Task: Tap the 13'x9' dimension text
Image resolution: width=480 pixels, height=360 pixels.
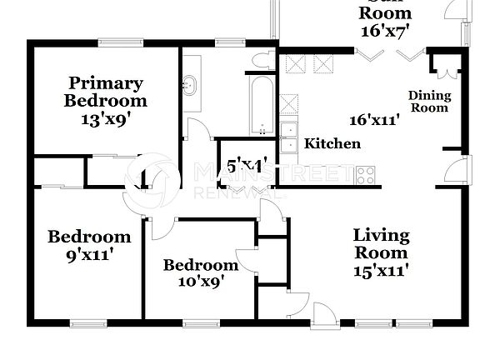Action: pyautogui.click(x=105, y=118)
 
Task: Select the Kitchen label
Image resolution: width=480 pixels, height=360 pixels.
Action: pyautogui.click(x=332, y=144)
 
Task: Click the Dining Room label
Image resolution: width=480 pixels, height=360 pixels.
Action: pyautogui.click(x=428, y=102)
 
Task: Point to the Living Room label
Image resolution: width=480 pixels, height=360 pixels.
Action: pyautogui.click(x=380, y=243)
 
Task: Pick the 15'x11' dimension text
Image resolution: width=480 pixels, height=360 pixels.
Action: pyautogui.click(x=380, y=270)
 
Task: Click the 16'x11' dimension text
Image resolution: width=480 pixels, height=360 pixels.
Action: pyautogui.click(x=374, y=120)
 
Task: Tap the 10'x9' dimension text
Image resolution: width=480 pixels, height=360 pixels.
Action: pyautogui.click(x=200, y=282)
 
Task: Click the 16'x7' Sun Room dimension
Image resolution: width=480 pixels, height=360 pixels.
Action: pyautogui.click(x=385, y=31)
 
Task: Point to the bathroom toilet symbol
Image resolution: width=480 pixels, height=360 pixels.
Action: pyautogui.click(x=264, y=58)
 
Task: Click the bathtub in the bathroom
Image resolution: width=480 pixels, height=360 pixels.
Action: pyautogui.click(x=262, y=105)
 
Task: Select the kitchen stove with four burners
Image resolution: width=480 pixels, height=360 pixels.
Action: pyautogui.click(x=366, y=175)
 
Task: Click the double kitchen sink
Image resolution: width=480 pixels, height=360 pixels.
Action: pyautogui.click(x=288, y=137)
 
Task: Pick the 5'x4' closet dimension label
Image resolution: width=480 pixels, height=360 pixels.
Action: pyautogui.click(x=241, y=167)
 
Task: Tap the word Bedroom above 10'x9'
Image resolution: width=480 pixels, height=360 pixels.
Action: pyautogui.click(x=200, y=266)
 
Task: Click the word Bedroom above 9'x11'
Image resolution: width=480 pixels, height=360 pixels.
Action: pyautogui.click(x=89, y=237)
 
